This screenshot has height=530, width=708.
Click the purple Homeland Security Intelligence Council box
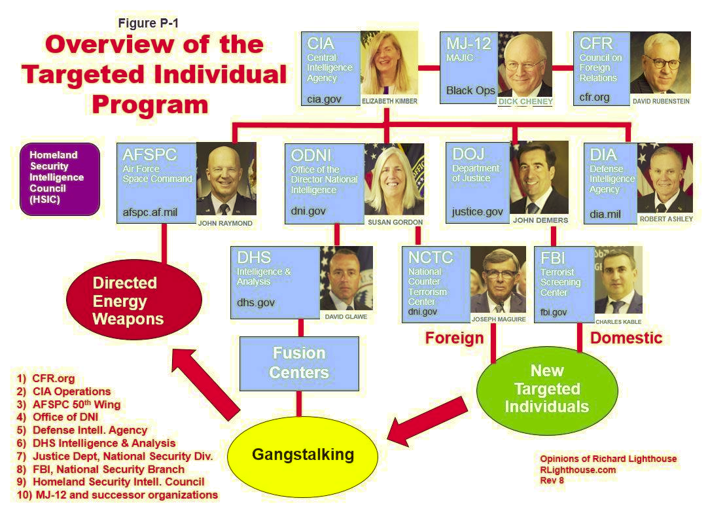60,179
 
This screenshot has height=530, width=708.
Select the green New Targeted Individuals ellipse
546,389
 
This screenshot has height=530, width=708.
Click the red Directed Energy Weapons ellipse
133,301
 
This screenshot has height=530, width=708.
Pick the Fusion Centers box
299,363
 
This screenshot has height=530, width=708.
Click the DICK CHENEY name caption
525,102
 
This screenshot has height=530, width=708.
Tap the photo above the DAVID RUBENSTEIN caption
660,63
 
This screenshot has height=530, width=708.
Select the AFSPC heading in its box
149,155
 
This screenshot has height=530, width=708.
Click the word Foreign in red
454,338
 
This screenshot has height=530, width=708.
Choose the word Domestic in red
626,338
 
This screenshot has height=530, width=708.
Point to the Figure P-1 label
148,24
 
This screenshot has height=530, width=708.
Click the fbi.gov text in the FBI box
554,313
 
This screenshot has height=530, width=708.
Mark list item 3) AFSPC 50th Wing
69,404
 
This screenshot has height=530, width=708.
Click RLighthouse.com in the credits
578,470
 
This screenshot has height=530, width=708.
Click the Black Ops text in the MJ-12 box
470,91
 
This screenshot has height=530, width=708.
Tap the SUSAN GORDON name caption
394,222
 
